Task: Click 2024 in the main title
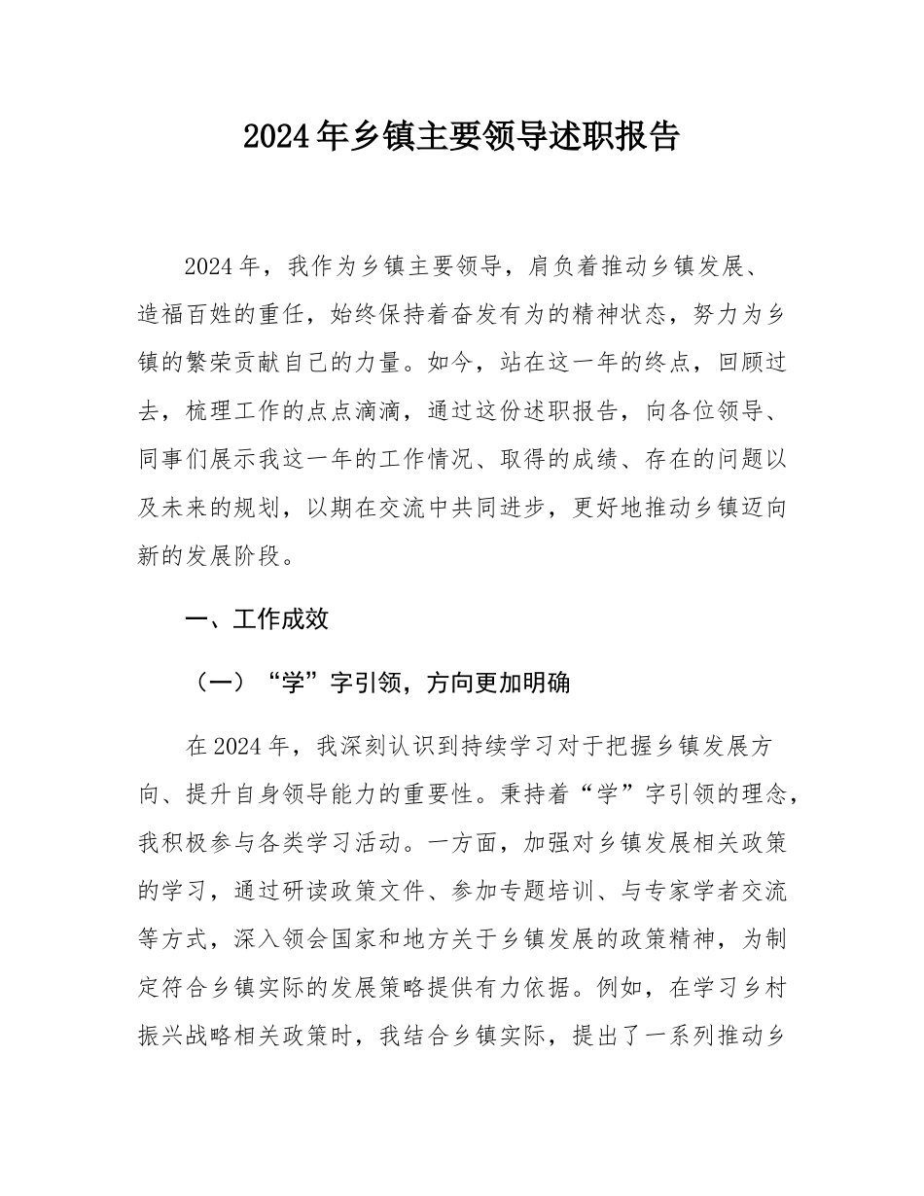(278, 136)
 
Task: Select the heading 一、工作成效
(257, 619)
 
